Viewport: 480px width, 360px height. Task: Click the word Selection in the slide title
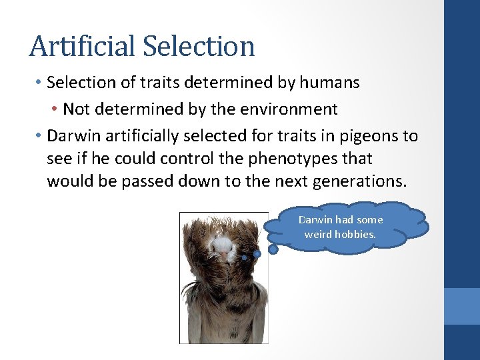pos(199,47)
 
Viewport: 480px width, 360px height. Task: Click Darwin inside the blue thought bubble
pos(314,219)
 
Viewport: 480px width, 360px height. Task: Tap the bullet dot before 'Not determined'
pos(53,109)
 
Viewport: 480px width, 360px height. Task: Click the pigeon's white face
pos(221,249)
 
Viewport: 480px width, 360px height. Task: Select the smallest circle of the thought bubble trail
pos(245,257)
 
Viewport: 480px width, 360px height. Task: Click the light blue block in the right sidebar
pos(461,305)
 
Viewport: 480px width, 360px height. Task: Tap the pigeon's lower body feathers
pos(223,313)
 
